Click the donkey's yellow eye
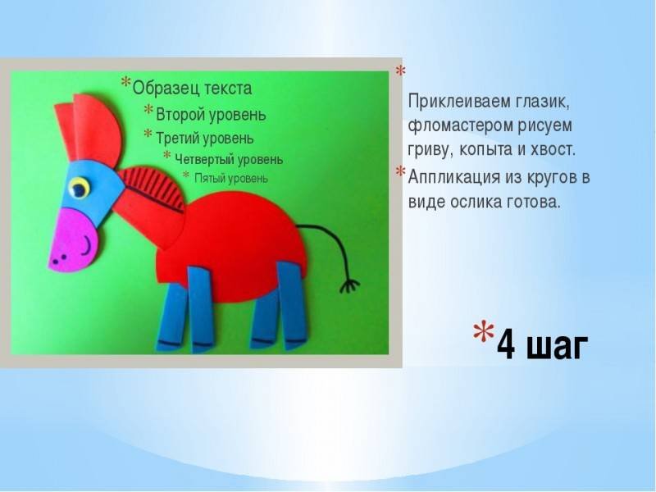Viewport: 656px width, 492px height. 79,188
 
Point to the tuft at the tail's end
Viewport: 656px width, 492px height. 349,286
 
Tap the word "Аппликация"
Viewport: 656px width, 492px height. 454,177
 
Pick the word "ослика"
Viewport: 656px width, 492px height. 476,202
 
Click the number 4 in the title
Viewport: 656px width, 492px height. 506,344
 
